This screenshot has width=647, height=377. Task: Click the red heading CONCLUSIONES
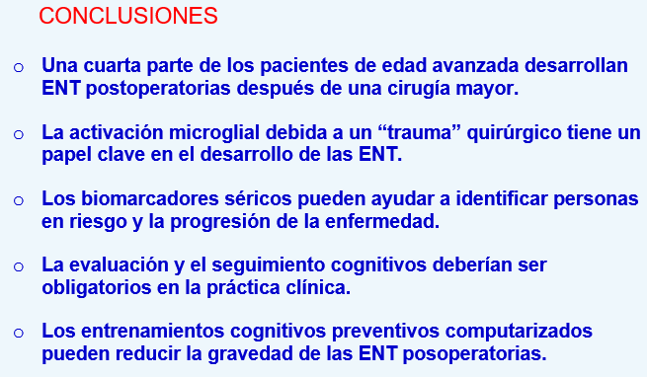click(129, 17)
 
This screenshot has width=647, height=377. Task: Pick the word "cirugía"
click(415, 89)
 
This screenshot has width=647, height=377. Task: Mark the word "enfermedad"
click(379, 222)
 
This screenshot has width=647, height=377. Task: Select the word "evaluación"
click(120, 266)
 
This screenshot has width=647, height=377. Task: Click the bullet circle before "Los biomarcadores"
click(20, 201)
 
